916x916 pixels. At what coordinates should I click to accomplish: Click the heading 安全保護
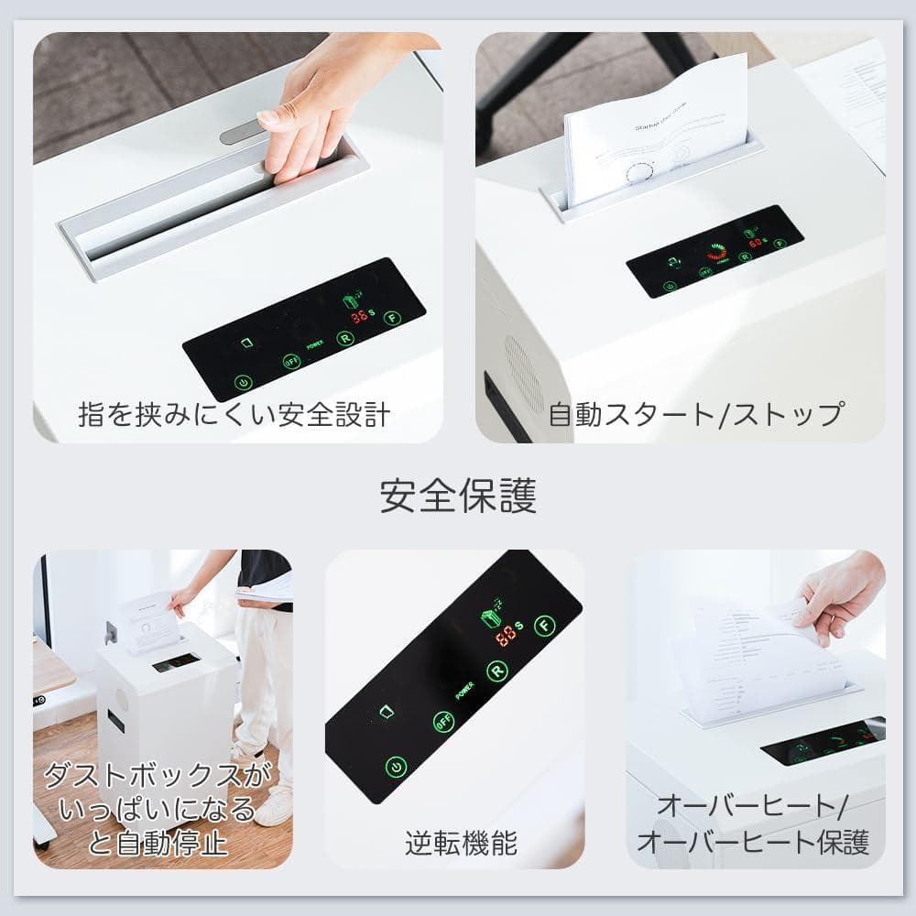tap(458, 496)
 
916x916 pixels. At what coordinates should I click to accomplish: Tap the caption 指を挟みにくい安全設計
tap(234, 414)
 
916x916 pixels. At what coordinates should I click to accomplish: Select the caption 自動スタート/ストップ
tap(696, 414)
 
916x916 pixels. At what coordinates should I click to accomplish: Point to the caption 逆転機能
tap(454, 843)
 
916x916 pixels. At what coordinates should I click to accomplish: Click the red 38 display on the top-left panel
tap(361, 317)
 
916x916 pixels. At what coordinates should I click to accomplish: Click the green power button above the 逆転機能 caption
tap(396, 766)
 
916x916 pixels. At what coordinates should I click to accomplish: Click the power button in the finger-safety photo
tap(243, 383)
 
